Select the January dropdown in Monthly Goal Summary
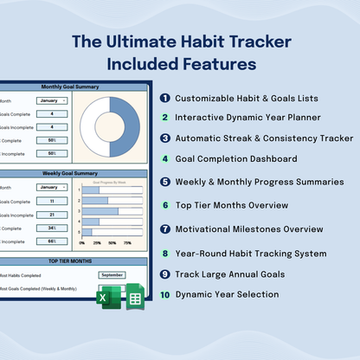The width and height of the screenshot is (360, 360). (52, 101)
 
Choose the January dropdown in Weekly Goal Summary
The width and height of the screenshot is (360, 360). (52, 187)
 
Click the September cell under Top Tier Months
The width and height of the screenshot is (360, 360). (112, 274)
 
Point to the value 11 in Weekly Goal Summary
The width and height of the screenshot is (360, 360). (52, 201)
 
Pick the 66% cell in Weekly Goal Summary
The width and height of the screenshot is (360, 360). (52, 241)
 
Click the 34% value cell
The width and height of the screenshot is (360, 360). (52, 228)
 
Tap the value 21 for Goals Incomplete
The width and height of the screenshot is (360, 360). (52, 215)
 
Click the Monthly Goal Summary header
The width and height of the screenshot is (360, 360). (74, 87)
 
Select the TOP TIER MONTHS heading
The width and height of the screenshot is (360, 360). (74, 260)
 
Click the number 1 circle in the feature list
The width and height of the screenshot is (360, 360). (164, 98)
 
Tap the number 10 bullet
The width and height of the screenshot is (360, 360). (164, 294)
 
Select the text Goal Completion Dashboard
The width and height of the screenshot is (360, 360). (235, 159)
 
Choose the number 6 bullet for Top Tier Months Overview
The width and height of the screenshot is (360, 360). (164, 206)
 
